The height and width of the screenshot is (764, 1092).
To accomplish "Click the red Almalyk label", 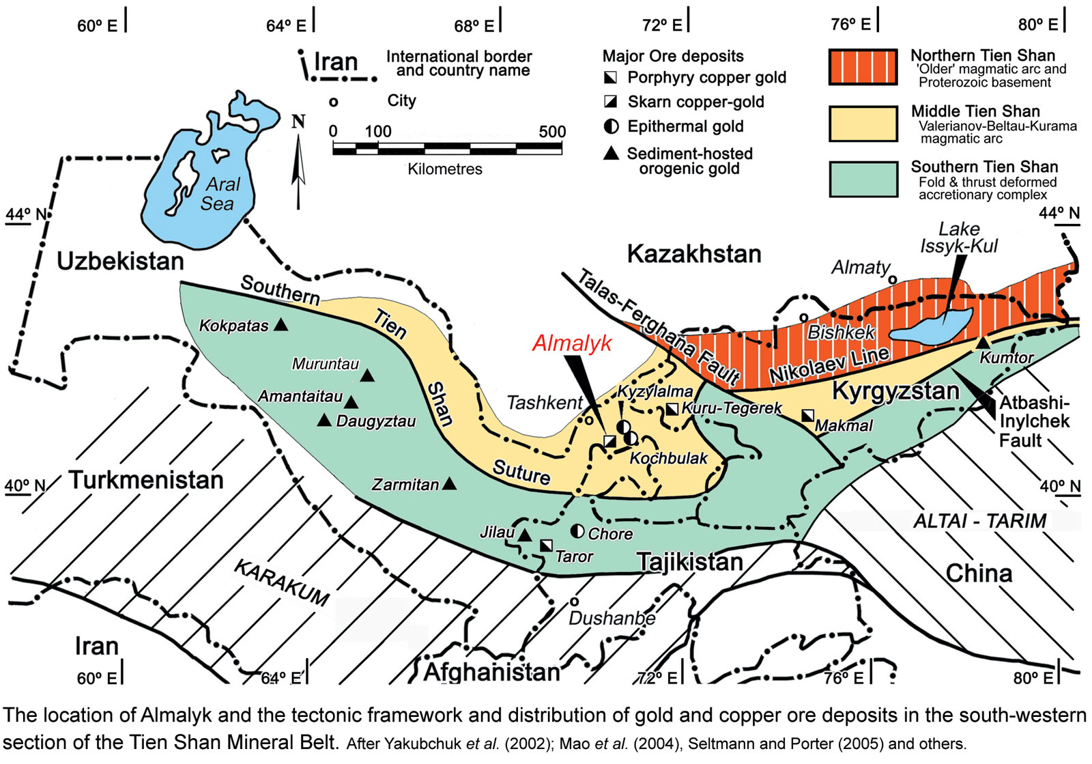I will pos(572,343).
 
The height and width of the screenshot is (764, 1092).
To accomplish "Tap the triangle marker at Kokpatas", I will pos(281,325).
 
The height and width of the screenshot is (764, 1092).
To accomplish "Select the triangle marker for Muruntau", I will pos(367,376).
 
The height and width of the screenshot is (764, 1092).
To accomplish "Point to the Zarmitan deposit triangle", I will pos(449,483).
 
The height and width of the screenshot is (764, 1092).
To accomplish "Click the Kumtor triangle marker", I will pos(982,343).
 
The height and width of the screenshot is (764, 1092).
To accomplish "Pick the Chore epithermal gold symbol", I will pos(577,530).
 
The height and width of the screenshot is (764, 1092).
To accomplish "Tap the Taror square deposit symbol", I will pos(546,545).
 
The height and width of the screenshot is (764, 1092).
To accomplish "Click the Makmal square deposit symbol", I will pos(807,415).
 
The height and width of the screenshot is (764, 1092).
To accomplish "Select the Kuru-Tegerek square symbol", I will pos(672,408).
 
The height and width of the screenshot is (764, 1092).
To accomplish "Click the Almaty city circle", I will pos(892,279).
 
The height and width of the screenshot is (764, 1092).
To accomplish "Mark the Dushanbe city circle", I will pos(575,602).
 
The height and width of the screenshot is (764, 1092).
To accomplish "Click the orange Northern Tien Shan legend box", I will pos(863,67).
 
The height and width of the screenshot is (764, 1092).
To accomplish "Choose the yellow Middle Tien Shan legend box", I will pos(863,124).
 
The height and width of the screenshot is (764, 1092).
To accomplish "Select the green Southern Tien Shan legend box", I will pos(863,180).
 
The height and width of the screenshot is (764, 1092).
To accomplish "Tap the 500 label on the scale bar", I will pos(552,131).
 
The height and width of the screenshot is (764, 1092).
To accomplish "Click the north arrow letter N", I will pos(298,122).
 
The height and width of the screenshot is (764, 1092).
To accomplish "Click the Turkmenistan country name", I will pos(146,480).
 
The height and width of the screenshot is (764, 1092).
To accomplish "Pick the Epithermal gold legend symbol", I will pos(612,126).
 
